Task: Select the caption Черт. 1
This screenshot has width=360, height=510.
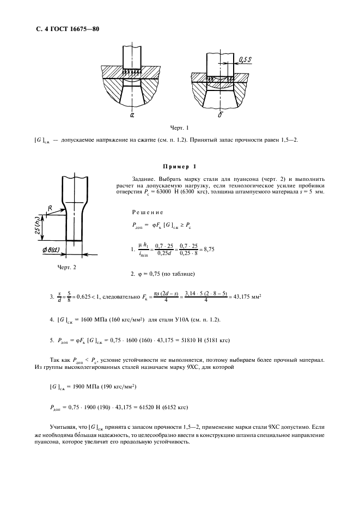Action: point(179,129)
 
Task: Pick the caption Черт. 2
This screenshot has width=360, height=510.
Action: point(66,267)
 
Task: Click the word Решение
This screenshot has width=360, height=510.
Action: point(148,212)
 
